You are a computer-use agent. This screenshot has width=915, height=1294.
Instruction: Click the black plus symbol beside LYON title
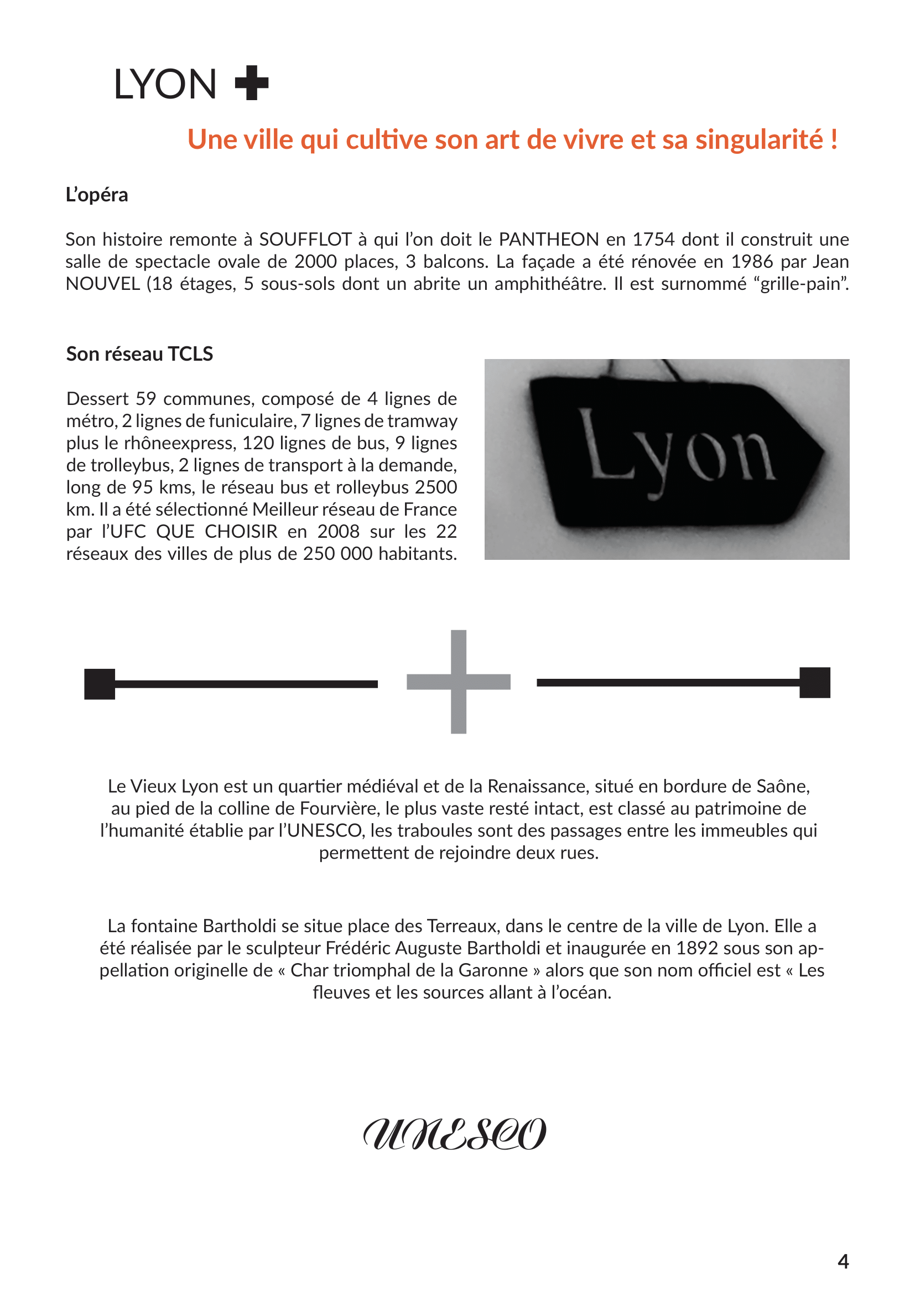click(251, 84)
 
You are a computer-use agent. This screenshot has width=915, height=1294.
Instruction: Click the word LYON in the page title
click(165, 85)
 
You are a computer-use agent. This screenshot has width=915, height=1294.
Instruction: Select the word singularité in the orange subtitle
click(759, 139)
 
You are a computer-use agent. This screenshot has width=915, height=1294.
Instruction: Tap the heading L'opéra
click(97, 195)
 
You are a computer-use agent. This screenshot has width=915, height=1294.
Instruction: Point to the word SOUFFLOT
click(305, 240)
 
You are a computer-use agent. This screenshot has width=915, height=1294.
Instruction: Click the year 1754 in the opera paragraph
click(653, 240)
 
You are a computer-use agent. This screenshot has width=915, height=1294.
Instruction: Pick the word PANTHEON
click(549, 240)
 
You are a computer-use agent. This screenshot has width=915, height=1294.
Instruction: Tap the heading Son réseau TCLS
click(140, 354)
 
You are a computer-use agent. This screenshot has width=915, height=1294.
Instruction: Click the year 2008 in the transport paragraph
click(338, 532)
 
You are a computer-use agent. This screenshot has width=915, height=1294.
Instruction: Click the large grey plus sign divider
click(459, 682)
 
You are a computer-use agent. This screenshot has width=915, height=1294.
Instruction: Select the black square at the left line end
click(100, 684)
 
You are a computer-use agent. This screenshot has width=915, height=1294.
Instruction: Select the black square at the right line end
click(815, 683)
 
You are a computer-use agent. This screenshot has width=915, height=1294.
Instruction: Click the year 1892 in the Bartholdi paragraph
click(697, 949)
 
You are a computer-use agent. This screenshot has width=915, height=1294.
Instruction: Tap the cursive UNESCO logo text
click(455, 1135)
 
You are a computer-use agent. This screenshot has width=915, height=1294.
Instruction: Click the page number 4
click(843, 1261)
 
